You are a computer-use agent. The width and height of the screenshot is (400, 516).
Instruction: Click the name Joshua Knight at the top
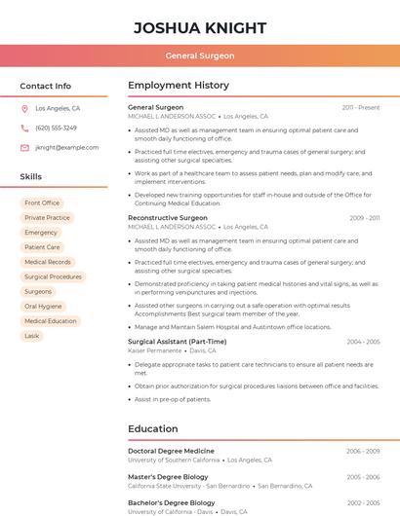pyautogui.click(x=199, y=27)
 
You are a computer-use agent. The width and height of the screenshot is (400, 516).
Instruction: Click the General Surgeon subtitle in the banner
pyautogui.click(x=199, y=55)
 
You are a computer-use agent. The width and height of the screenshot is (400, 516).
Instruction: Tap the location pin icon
pyautogui.click(x=24, y=109)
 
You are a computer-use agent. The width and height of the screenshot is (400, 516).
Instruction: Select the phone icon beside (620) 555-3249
pyautogui.click(x=24, y=129)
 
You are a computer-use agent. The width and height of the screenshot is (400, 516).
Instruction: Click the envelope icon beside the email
pyautogui.click(x=24, y=148)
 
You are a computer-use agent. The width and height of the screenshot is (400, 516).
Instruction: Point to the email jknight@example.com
pyautogui.click(x=66, y=148)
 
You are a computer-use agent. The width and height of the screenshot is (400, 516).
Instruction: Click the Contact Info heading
pyautogui.click(x=46, y=87)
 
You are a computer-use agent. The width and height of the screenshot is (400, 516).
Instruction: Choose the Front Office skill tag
pyautogui.click(x=42, y=203)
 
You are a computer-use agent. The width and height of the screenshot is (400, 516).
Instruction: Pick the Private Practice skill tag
pyautogui.click(x=47, y=218)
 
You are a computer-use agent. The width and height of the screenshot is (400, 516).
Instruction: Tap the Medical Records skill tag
pyautogui.click(x=48, y=262)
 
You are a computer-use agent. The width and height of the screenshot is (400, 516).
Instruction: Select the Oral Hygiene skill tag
pyautogui.click(x=43, y=307)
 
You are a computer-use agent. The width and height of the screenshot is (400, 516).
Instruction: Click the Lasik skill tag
pyautogui.click(x=32, y=336)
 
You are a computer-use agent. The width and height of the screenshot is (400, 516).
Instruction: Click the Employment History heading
pyautogui.click(x=179, y=86)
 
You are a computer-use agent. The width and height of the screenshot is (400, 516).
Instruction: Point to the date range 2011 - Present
pyautogui.click(x=361, y=107)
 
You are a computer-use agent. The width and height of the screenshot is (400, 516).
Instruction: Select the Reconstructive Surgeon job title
pyautogui.click(x=167, y=218)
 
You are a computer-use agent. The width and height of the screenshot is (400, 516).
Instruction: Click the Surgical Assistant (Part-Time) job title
pyautogui.click(x=177, y=342)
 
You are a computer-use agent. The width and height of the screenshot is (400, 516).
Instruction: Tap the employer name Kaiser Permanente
pyautogui.click(x=155, y=350)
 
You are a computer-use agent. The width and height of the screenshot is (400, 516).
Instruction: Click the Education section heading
pyautogui.click(x=152, y=428)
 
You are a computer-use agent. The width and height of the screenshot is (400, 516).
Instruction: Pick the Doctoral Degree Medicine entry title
pyautogui.click(x=171, y=451)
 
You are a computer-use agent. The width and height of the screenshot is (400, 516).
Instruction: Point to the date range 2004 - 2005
pyautogui.click(x=363, y=342)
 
